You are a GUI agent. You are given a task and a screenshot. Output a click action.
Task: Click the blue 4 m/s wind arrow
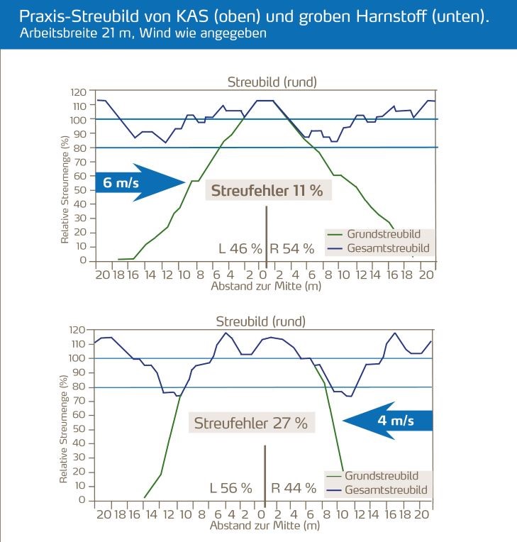point(387,421)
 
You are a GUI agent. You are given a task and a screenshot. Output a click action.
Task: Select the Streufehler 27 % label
point(252,424)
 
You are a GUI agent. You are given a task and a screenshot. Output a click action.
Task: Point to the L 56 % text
point(231,488)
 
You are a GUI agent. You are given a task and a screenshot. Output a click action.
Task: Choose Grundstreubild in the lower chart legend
point(381,476)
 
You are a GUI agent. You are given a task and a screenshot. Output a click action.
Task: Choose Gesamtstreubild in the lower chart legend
point(382,490)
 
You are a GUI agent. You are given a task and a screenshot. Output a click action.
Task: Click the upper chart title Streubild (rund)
point(272,82)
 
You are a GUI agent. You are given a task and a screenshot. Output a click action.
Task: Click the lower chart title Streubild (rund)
point(261,321)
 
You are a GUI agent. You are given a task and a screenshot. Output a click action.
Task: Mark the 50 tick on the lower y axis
point(80,429)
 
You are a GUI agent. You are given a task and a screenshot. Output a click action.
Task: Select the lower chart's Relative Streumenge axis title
point(63,430)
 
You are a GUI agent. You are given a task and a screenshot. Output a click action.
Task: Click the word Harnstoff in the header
point(394,17)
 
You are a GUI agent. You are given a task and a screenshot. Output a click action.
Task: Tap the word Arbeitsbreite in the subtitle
point(50,35)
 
